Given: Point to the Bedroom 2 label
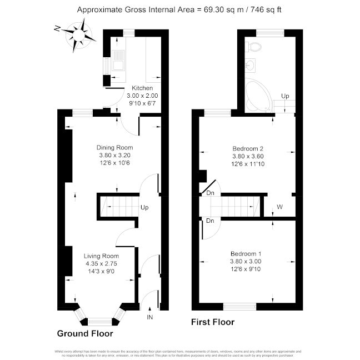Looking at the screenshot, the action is click(247, 149).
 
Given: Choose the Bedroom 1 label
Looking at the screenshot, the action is click(245, 254).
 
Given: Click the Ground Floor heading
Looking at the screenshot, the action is click(85, 334).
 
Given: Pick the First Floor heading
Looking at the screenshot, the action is click(213, 322).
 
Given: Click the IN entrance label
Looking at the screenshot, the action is click(149, 317).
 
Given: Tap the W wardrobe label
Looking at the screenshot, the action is click(280, 207).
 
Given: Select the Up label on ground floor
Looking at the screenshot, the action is click(144, 208).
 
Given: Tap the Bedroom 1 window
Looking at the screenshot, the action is click(239, 306).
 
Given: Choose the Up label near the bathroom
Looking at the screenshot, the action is click(285, 96).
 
